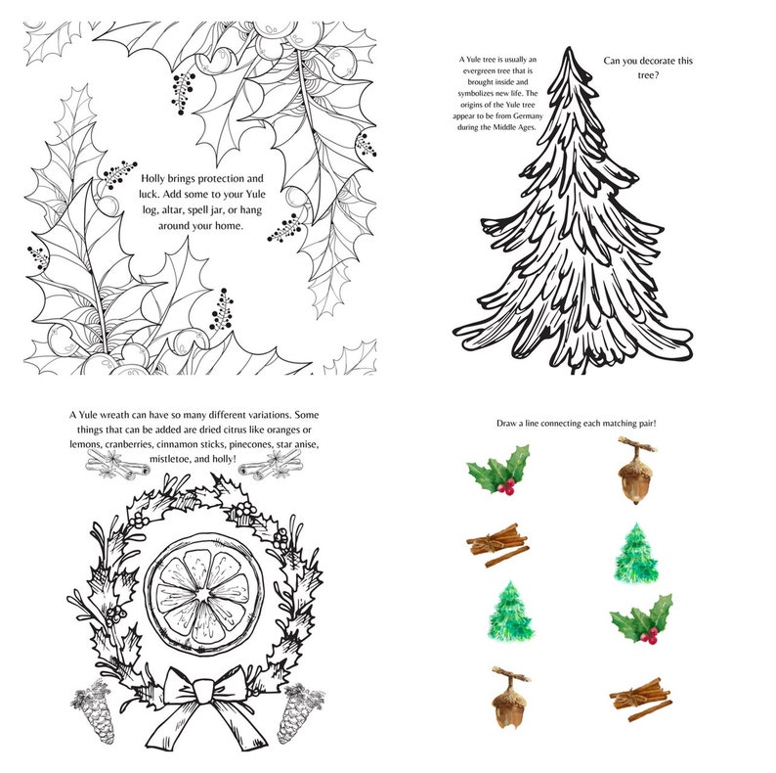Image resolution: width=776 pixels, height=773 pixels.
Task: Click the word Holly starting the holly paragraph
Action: tap(157, 179)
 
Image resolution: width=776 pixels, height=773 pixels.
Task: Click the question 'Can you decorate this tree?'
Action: tap(648, 68)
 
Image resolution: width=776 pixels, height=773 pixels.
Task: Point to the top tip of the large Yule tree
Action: tap(572, 50)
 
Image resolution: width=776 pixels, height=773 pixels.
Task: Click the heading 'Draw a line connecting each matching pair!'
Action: tap(581, 423)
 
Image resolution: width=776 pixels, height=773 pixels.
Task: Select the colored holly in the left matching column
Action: tap(499, 470)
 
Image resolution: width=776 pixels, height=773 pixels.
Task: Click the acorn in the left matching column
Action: tap(505, 697)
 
